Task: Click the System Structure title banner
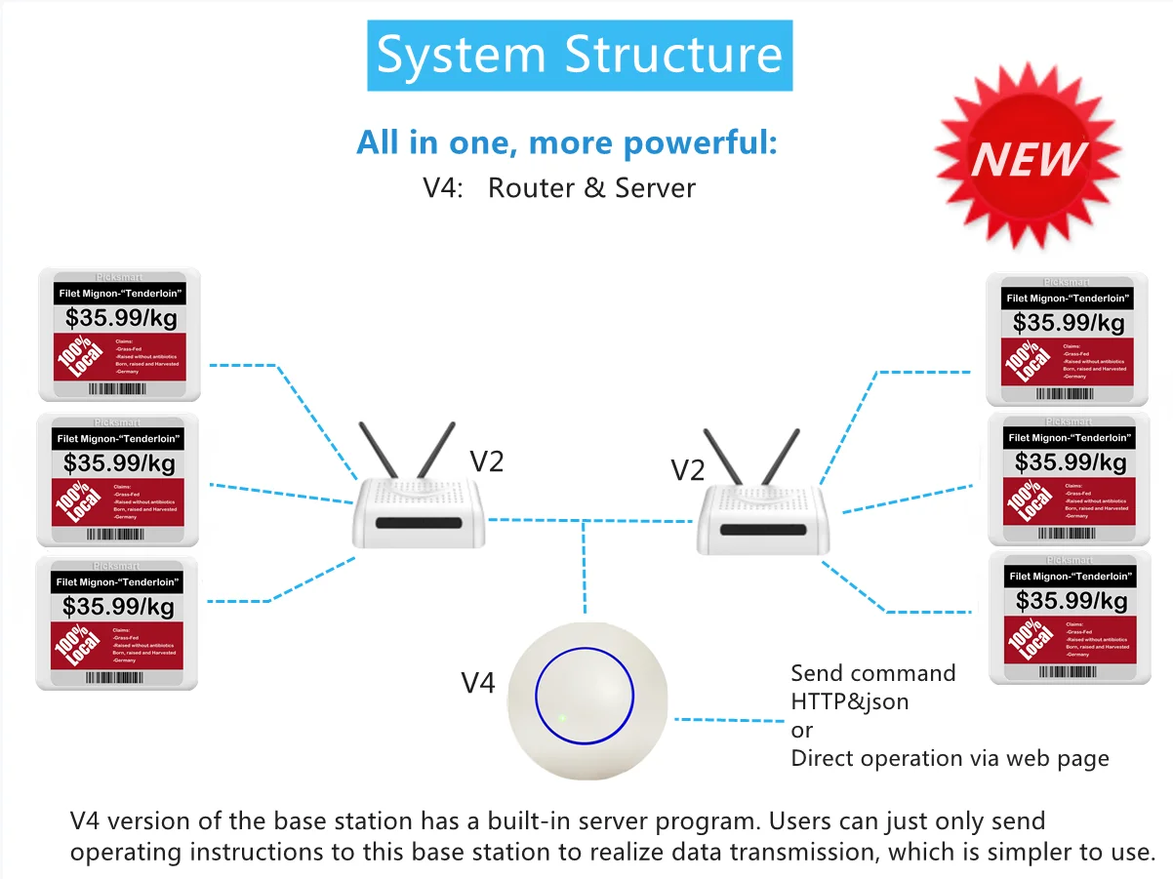coord(580,55)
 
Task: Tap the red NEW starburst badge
coord(1028,157)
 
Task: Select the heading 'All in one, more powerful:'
coord(567,142)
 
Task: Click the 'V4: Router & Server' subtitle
coord(559,187)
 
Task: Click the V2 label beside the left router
coord(486,460)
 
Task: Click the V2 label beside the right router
coord(687,470)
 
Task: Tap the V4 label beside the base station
coord(478,683)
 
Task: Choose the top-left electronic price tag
coord(119,335)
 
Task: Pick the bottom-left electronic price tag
coord(117,622)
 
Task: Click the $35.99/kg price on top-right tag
coord(1069,322)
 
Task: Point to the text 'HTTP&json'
coord(849,701)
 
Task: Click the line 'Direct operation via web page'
coord(950,758)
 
